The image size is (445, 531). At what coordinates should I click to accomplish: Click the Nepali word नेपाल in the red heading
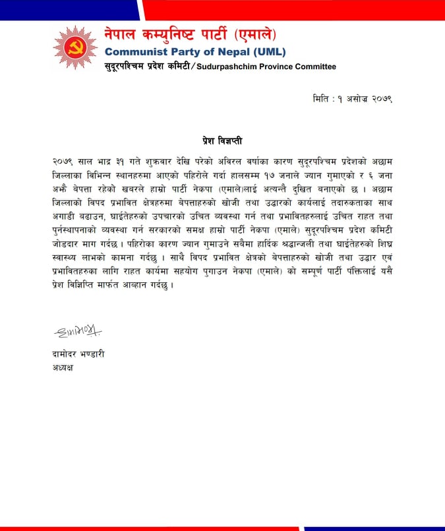[x=126, y=34]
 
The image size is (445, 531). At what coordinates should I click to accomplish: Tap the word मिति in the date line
[x=322, y=99]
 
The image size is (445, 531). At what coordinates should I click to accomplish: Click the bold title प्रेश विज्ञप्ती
[x=222, y=141]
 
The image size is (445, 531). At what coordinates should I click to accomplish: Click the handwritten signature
[x=78, y=330]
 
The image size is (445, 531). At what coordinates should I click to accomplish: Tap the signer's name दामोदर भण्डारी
[x=78, y=354]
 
